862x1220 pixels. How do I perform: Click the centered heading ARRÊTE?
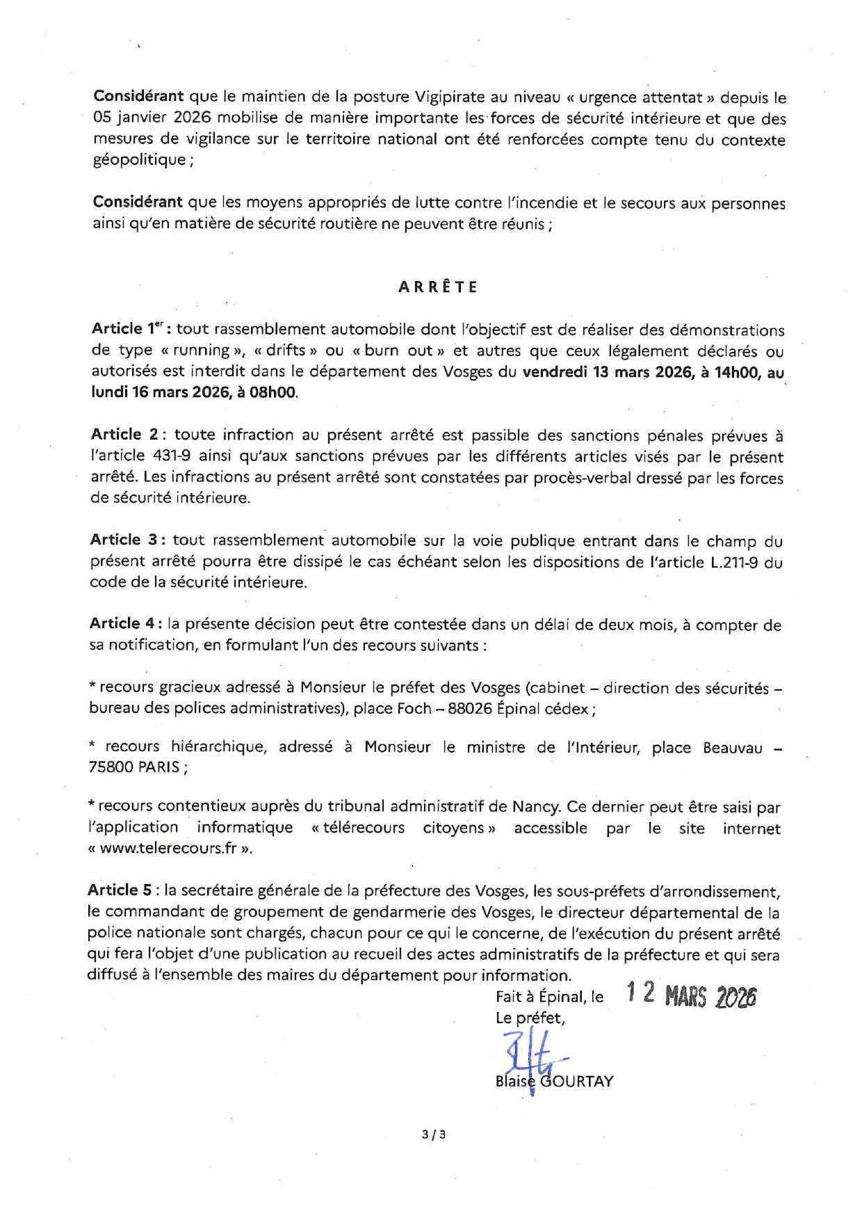click(438, 287)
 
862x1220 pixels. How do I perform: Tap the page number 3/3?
click(434, 1134)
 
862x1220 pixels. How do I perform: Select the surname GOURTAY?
click(576, 1082)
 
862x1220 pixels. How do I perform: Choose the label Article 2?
click(126, 435)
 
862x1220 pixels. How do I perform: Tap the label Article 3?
click(125, 540)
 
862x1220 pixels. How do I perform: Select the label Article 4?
click(124, 624)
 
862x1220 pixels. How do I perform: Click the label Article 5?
click(122, 890)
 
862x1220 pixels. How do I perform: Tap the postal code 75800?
click(111, 767)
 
